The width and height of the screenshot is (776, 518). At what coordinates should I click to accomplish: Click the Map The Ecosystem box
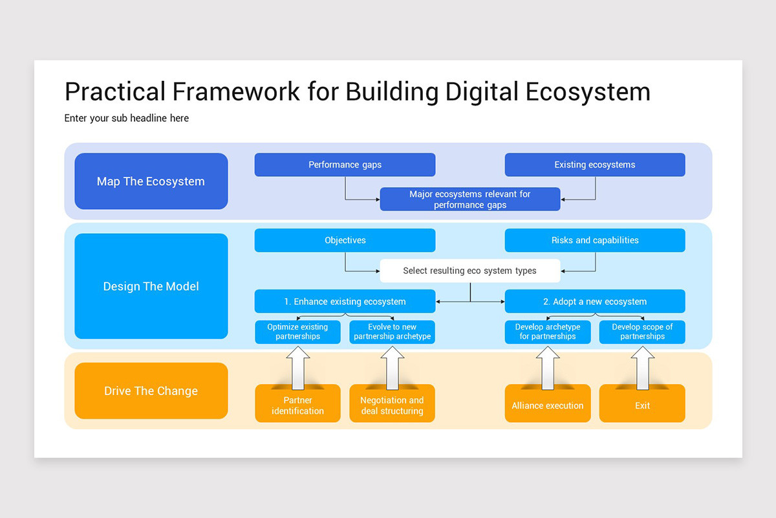151,181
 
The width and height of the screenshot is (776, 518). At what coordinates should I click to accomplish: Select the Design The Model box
151,286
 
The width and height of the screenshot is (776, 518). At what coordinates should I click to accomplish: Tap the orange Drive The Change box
151,391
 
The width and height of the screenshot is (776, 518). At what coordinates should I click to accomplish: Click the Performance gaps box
345,164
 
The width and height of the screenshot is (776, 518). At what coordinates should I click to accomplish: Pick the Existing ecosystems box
594,164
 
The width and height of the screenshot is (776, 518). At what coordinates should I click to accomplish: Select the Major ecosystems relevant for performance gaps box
469,199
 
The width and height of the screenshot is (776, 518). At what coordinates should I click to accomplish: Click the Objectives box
345,240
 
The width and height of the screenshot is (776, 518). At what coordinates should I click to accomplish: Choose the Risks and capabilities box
594,240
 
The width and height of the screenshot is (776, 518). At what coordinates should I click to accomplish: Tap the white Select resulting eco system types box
469,271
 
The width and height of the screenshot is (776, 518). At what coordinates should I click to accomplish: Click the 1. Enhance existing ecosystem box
345,301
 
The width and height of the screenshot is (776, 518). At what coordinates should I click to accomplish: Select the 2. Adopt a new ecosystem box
594,301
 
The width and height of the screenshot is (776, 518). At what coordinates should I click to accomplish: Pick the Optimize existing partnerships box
297,332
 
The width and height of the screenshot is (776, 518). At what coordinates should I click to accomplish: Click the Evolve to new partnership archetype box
392,332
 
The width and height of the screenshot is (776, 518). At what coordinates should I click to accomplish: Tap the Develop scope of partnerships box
641,332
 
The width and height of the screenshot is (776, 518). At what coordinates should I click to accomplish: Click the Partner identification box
297,406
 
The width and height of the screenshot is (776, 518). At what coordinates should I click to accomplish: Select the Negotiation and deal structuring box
392,406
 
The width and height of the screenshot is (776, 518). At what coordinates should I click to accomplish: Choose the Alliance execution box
547,406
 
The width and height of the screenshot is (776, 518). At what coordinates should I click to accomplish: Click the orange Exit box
641,406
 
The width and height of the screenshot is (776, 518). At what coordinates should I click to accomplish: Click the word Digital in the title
482,92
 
